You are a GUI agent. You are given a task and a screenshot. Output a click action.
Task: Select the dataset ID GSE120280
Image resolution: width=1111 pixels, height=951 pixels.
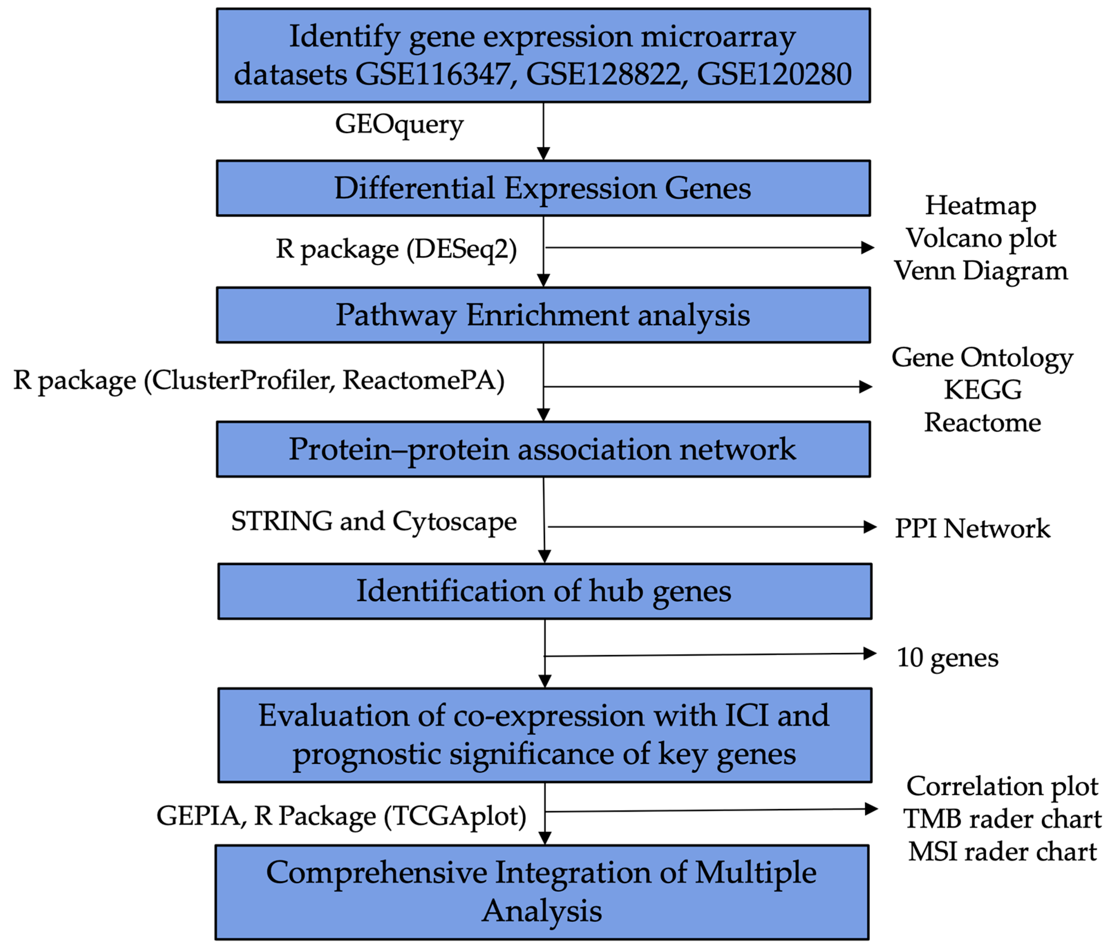point(774,74)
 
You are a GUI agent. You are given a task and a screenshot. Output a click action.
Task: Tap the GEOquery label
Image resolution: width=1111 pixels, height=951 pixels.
point(399,124)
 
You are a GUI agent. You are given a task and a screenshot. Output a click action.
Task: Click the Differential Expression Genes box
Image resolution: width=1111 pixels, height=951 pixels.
point(543,188)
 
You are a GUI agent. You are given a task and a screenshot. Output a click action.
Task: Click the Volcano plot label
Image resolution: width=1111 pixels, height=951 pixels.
point(981,238)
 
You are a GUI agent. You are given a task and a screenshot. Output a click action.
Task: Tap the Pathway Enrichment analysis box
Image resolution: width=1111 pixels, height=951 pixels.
point(543,315)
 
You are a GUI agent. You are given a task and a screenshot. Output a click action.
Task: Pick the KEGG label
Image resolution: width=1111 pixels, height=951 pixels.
point(982,390)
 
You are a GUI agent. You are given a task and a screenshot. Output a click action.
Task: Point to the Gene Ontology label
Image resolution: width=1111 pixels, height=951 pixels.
point(982,358)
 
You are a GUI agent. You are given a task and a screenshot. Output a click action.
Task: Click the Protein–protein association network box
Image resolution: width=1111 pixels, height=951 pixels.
point(543,449)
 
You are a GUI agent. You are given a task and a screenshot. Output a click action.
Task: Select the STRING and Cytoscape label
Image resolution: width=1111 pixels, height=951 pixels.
point(374,521)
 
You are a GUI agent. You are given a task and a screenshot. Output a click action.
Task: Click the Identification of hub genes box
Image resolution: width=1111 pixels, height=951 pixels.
point(544,591)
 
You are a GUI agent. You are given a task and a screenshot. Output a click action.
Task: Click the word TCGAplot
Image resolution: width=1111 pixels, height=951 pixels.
point(455,816)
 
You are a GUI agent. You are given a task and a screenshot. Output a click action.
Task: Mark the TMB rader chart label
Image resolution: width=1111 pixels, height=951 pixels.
point(1001,819)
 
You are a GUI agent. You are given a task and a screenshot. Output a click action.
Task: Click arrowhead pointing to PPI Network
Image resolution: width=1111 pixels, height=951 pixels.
point(870,527)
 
